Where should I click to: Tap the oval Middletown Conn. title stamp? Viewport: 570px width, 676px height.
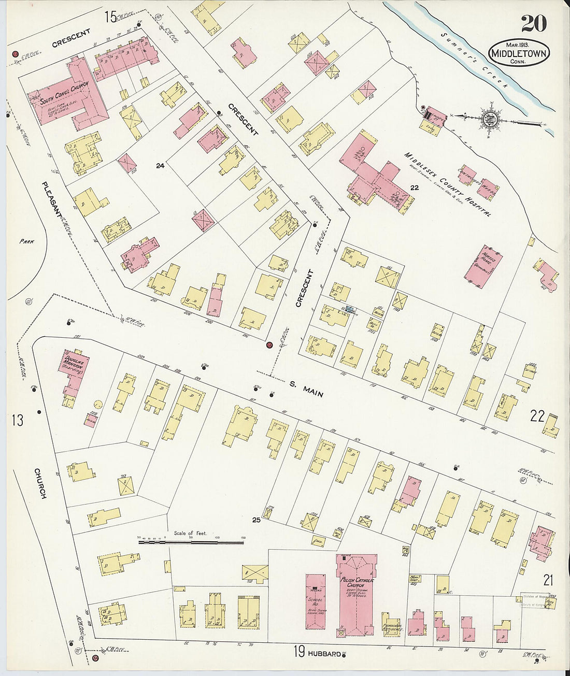pyautogui.click(x=519, y=53)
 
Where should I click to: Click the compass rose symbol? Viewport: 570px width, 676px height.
pyautogui.click(x=488, y=119)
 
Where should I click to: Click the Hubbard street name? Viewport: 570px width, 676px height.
pyautogui.click(x=325, y=653)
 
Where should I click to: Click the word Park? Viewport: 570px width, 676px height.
pyautogui.click(x=26, y=241)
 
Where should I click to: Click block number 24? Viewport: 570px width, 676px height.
pyautogui.click(x=160, y=166)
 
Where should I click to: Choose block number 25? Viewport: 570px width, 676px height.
pyautogui.click(x=255, y=520)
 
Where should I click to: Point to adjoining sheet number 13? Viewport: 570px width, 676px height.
pyautogui.click(x=18, y=420)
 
